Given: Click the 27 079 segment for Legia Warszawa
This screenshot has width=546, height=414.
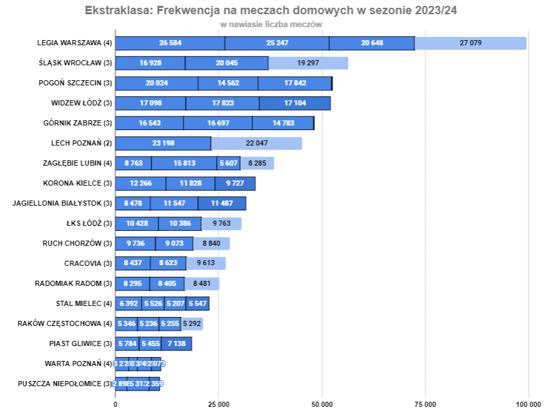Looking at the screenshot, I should [470, 43].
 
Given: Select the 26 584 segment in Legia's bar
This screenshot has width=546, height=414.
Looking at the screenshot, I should [170, 43].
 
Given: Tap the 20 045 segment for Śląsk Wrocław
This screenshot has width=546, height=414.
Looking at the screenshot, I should [226, 63].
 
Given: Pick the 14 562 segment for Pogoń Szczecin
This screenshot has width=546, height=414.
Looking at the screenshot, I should [228, 83].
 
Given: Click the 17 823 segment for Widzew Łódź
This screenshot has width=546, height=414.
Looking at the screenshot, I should [222, 103].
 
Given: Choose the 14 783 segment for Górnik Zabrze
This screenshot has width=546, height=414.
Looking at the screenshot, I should [283, 124].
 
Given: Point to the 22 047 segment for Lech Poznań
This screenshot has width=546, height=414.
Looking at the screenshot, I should [256, 144].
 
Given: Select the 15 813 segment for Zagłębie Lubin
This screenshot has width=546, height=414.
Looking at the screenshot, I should [184, 164].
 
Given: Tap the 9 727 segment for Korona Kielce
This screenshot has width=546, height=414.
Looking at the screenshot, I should [235, 184].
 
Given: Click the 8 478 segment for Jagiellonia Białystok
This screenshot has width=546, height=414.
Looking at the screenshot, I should [133, 204].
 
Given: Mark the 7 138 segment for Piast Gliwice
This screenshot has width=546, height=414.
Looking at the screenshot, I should [176, 343].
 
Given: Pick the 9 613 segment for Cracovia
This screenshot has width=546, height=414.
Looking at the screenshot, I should [206, 264].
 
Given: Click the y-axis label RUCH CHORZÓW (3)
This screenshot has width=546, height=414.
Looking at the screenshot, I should [77, 244].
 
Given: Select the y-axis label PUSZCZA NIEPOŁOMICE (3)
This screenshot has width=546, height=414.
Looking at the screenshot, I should [61, 384].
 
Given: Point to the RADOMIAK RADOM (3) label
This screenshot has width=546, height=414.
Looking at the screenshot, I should [73, 283].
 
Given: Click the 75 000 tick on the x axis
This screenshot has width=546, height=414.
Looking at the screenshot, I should [425, 404].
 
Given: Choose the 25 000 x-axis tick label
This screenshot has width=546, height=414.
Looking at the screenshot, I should [219, 404].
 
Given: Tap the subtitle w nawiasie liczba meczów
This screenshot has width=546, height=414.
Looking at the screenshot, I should [271, 24].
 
